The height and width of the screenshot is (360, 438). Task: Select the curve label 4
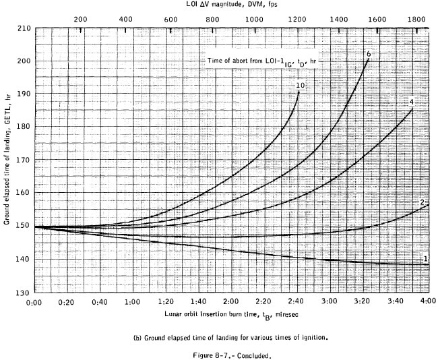pyautogui.click(x=410, y=102)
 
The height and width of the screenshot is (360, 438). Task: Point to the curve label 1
pyautogui.click(x=425, y=259)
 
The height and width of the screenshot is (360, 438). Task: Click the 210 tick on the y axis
pyautogui.click(x=24, y=29)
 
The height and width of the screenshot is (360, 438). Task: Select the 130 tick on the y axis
pyautogui.click(x=24, y=293)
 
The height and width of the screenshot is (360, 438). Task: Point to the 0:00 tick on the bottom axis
pyautogui.click(x=34, y=303)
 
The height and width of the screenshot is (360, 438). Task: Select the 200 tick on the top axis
pyautogui.click(x=80, y=20)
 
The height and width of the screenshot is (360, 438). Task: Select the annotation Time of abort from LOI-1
pyautogui.click(x=261, y=61)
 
